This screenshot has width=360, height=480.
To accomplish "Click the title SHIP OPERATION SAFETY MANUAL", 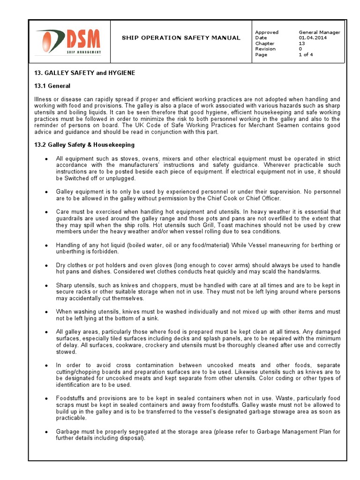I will click(x=181, y=38).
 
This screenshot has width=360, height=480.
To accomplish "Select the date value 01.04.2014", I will click(x=313, y=38).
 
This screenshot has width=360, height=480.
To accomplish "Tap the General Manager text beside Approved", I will click(x=319, y=32).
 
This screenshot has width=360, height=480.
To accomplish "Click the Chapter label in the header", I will click(x=264, y=44).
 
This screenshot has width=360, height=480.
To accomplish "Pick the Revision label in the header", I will click(x=265, y=49).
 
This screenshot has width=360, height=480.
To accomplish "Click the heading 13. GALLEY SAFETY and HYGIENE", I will click(x=85, y=73).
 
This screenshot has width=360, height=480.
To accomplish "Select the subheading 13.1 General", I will click(x=52, y=86).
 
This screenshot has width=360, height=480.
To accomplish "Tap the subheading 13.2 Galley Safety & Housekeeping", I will click(x=84, y=145).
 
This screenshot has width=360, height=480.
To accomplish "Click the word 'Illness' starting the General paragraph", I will click(x=42, y=99).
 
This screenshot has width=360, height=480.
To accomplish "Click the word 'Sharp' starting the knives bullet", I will click(x=64, y=285).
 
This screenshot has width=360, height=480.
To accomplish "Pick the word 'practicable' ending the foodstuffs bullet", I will click(x=70, y=418).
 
